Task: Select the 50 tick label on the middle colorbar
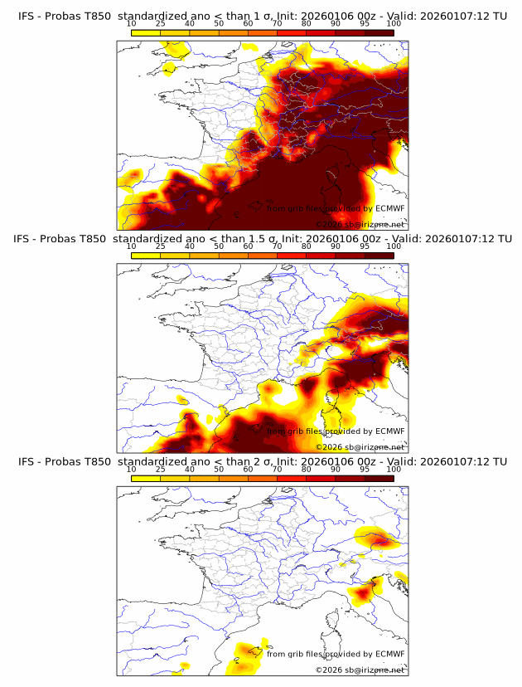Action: (x=219, y=247)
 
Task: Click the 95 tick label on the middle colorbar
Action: (x=365, y=247)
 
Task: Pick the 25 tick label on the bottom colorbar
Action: (x=161, y=470)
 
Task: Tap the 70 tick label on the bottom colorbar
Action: (x=277, y=470)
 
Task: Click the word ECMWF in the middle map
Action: (x=389, y=431)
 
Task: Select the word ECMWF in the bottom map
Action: (x=389, y=654)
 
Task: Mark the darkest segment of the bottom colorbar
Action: (x=379, y=479)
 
